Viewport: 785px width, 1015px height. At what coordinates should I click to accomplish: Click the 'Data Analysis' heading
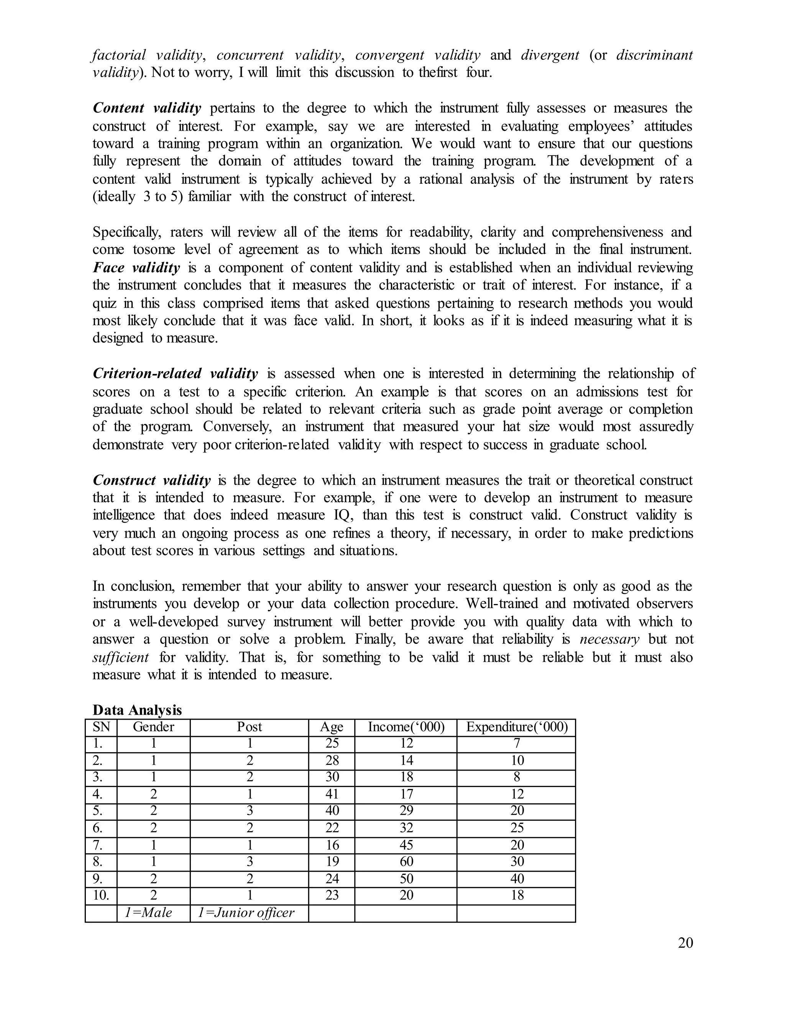tap(137, 710)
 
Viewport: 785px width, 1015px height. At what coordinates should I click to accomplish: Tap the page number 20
tap(685, 943)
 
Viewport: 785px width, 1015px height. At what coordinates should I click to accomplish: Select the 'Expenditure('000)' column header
tap(517, 727)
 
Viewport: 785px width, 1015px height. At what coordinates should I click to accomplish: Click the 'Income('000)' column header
tap(406, 727)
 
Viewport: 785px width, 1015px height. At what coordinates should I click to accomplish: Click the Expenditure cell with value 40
tap(517, 878)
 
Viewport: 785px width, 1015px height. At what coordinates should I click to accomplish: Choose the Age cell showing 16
tap(332, 845)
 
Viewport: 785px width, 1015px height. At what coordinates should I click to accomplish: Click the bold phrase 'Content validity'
tap(147, 108)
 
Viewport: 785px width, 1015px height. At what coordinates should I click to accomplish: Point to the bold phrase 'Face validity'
tap(136, 268)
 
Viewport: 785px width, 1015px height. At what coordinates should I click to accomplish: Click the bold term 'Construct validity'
tap(152, 480)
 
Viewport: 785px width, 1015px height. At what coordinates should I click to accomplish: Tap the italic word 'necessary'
tap(609, 640)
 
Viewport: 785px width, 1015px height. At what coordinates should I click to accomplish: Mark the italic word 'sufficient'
tap(120, 657)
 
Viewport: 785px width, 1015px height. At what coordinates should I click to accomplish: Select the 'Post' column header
tap(249, 727)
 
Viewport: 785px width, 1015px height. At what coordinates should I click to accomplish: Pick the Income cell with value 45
tap(406, 845)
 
